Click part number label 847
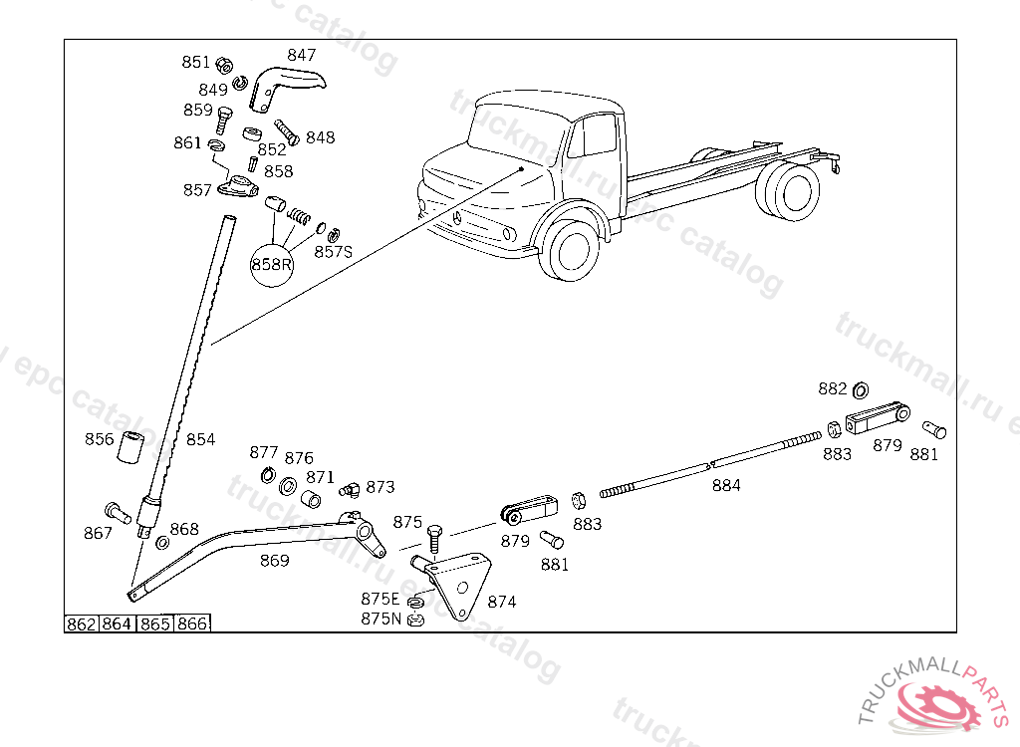click(x=302, y=55)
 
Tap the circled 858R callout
click(x=272, y=264)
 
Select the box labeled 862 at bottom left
click(x=81, y=624)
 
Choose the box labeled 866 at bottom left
click(x=193, y=624)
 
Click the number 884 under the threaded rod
click(x=726, y=486)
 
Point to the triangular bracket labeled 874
click(x=460, y=587)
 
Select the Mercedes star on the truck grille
click(x=455, y=219)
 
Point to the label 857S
click(x=333, y=252)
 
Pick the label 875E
click(x=380, y=599)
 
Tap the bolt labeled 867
click(x=118, y=514)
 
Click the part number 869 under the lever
click(x=274, y=561)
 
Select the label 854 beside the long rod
click(x=200, y=439)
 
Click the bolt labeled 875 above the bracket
click(x=434, y=539)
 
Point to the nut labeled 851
click(x=224, y=63)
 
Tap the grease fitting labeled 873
click(x=349, y=488)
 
